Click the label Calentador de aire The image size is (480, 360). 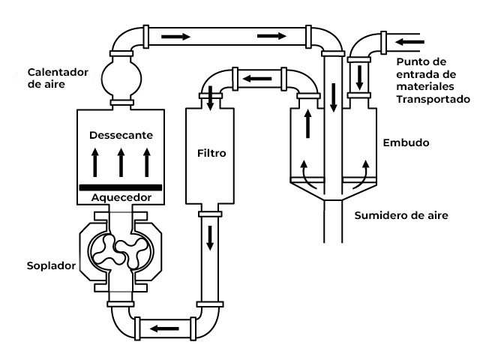(x=58, y=78)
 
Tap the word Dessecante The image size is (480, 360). (x=121, y=135)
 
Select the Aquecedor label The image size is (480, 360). (x=121, y=197)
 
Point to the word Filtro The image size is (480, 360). (x=211, y=153)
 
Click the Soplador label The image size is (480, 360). (x=51, y=265)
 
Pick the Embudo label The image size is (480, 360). (x=406, y=142)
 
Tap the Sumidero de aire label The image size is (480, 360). (x=401, y=215)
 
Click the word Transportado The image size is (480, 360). (x=433, y=99)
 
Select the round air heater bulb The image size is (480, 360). (x=121, y=78)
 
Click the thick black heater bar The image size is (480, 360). (x=121, y=187)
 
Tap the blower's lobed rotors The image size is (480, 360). (x=121, y=251)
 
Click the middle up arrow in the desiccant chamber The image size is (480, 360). (x=121, y=162)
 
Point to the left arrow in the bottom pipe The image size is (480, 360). (x=164, y=328)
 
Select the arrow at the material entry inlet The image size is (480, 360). (x=409, y=42)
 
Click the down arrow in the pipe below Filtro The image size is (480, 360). (x=210, y=238)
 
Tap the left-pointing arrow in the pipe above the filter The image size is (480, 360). (x=257, y=79)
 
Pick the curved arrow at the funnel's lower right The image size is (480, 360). (x=361, y=175)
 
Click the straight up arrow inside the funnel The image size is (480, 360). (x=308, y=124)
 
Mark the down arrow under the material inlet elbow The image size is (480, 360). (x=359, y=78)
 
